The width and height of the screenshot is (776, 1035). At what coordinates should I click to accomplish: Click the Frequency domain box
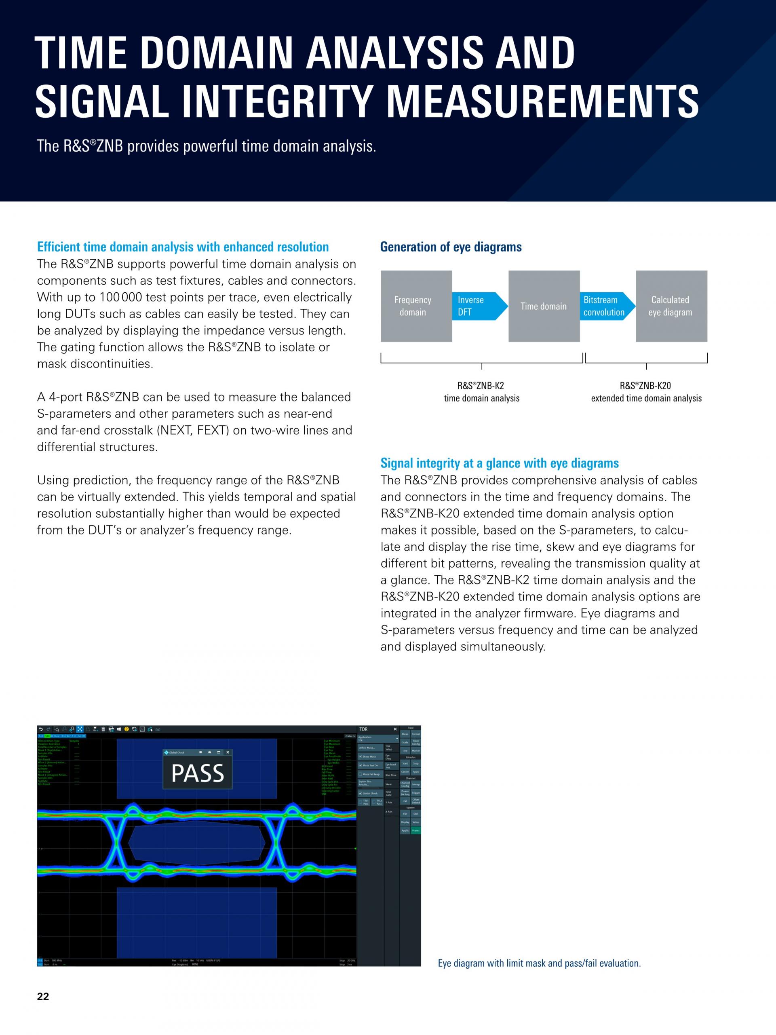416,306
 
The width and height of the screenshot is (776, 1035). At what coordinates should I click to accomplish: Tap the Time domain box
544,306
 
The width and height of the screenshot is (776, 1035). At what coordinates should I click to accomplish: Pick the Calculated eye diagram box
671,306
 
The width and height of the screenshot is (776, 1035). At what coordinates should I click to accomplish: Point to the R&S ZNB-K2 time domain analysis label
481,392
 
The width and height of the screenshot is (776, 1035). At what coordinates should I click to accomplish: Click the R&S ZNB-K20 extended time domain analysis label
646,392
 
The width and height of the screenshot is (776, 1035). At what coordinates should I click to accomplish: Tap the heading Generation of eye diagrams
451,247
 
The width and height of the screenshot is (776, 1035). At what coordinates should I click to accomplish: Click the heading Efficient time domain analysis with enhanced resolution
182,247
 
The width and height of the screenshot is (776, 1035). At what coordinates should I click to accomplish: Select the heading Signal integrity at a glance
499,463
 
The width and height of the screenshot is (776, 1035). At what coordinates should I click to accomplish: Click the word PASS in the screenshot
197,773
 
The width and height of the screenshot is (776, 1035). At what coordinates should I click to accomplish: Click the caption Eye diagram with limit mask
539,963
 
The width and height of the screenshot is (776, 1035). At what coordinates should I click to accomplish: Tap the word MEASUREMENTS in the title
542,101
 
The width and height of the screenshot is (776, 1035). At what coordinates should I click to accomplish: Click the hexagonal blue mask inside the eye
196,843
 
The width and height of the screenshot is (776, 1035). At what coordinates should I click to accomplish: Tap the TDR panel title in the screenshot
363,729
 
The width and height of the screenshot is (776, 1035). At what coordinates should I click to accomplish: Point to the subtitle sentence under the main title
206,146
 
